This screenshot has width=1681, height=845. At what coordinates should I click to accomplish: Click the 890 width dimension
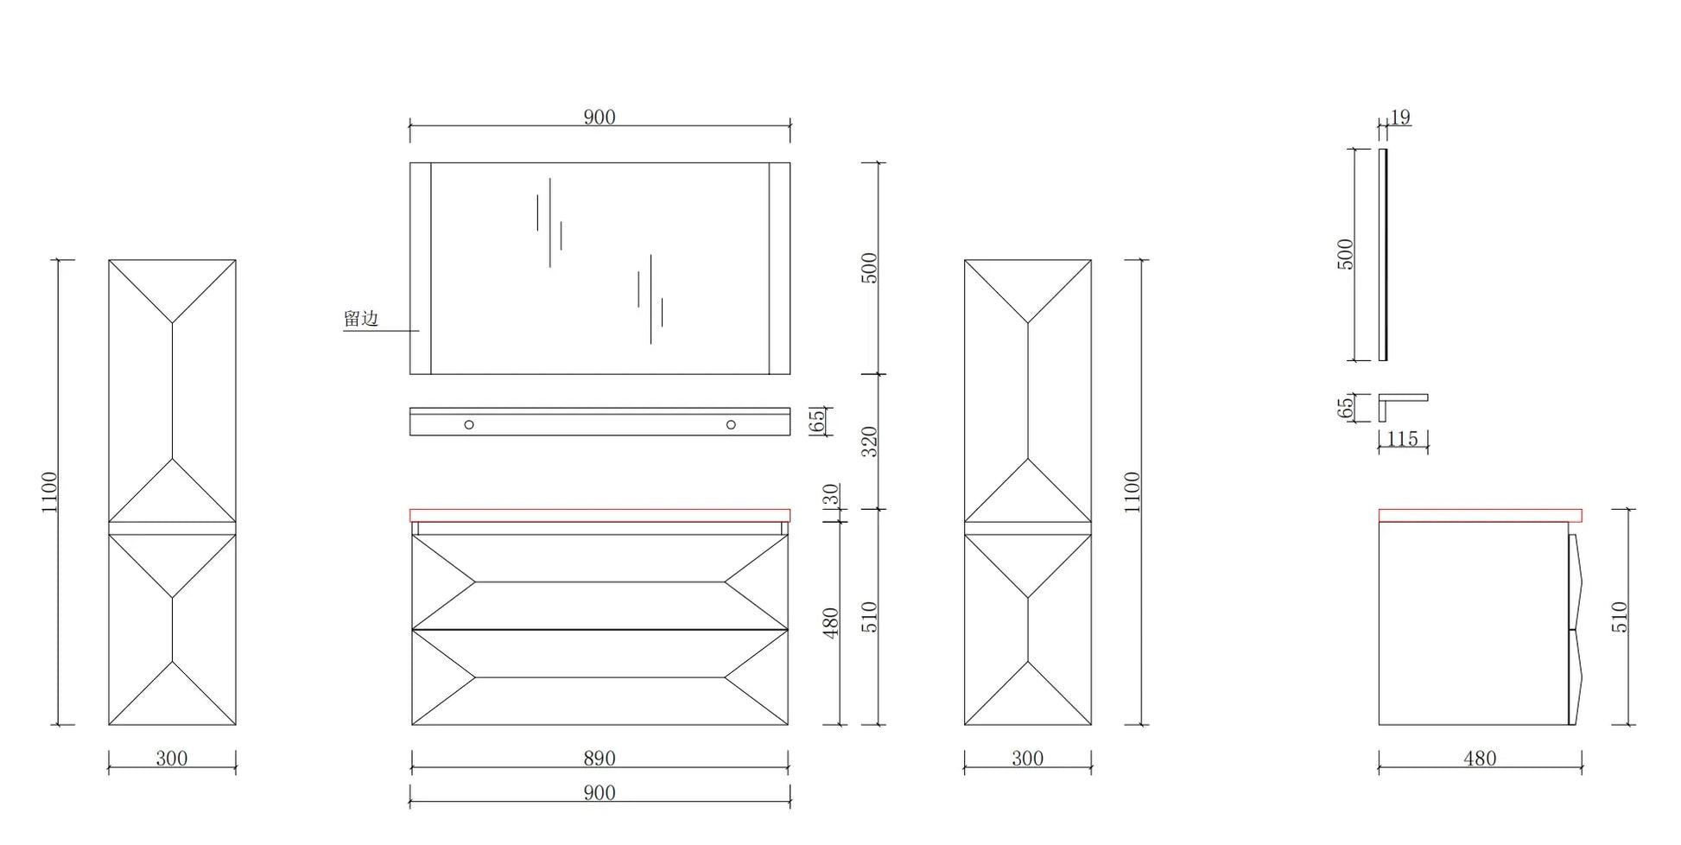599,758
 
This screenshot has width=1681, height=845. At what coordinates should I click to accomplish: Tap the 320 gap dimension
869,442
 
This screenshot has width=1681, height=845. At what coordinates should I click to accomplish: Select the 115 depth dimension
1402,439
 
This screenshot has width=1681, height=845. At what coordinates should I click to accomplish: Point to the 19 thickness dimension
1400,117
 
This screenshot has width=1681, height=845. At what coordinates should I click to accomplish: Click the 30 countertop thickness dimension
830,494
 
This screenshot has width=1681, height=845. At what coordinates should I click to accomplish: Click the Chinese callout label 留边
361,319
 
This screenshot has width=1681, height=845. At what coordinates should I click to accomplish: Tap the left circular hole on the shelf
469,424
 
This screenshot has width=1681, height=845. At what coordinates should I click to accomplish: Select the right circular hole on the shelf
731,424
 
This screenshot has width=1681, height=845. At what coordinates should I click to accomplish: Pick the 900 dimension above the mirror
599,117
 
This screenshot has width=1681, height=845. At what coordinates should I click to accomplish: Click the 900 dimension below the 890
599,792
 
